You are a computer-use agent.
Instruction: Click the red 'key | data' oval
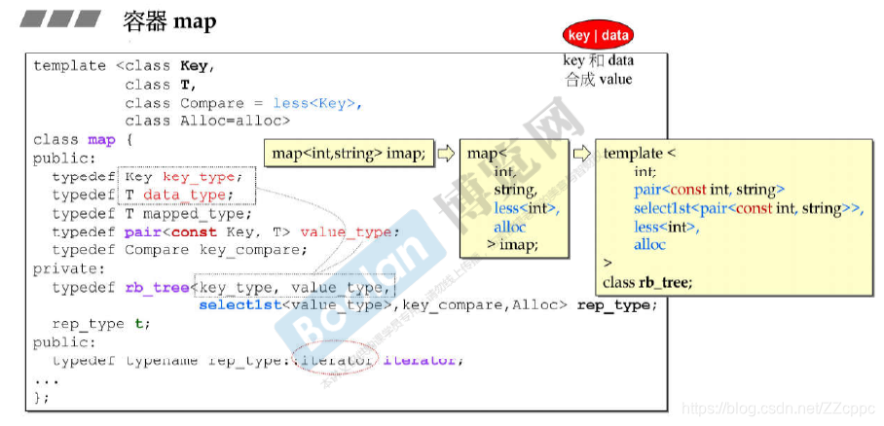(x=598, y=36)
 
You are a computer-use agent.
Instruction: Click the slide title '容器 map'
(x=169, y=20)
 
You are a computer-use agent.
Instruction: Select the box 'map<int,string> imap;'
(x=349, y=153)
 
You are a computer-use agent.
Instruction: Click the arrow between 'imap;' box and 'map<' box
(x=446, y=153)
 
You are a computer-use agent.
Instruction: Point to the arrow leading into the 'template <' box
(x=581, y=153)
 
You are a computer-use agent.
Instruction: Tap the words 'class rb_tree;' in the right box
(x=647, y=282)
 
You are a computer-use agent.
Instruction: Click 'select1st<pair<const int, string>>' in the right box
(x=748, y=209)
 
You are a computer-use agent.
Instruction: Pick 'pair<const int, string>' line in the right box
(x=709, y=191)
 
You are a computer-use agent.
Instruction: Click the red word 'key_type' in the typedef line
(x=199, y=177)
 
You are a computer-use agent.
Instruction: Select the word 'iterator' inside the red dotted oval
(x=335, y=361)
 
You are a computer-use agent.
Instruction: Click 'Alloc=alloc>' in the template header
(x=235, y=121)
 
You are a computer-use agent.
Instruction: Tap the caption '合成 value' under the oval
(x=598, y=79)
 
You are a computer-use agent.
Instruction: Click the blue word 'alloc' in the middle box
(x=509, y=227)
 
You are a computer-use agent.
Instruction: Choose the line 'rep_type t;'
(x=101, y=324)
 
